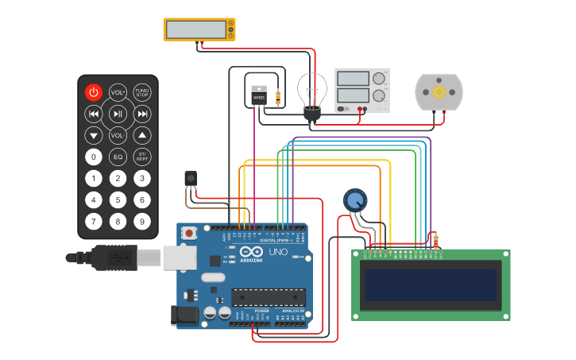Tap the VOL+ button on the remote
[x=118, y=92]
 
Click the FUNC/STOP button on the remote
[x=142, y=92]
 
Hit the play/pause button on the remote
[x=118, y=114]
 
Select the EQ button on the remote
[x=118, y=157]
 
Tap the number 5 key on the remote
[x=118, y=199]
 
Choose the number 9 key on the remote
[x=142, y=221]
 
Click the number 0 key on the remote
[x=94, y=157]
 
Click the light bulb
[x=312, y=91]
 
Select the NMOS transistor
[x=259, y=95]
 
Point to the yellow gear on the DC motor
[x=438, y=92]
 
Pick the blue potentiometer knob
[x=355, y=199]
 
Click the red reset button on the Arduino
[x=189, y=234]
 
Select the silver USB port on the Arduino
[x=180, y=257]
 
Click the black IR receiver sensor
[x=190, y=178]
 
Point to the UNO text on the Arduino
[x=278, y=252]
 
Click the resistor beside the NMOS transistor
[x=277, y=98]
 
